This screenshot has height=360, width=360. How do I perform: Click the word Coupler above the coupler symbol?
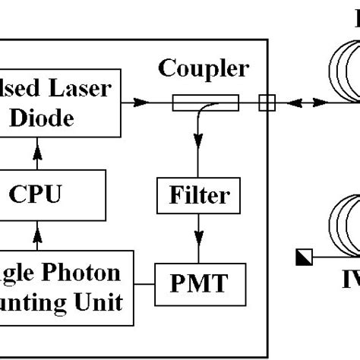tap(203, 69)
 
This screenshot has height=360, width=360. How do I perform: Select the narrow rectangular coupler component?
tap(205, 100)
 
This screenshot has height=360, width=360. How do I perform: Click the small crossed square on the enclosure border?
tap(266, 101)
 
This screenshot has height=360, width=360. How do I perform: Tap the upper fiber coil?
tap(342, 77)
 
